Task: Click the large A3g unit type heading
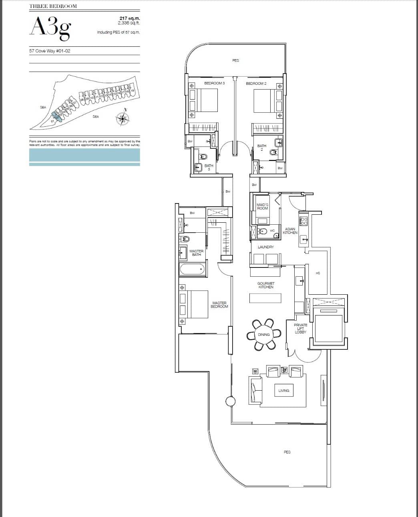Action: click(x=50, y=27)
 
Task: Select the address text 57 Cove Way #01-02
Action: click(x=50, y=51)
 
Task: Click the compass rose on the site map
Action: click(x=123, y=118)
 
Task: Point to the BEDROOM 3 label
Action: click(x=215, y=83)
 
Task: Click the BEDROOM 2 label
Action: click(x=256, y=83)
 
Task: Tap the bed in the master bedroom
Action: click(x=197, y=304)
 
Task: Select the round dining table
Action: click(x=264, y=334)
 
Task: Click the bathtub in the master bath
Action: click(x=192, y=269)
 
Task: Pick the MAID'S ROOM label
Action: click(x=262, y=206)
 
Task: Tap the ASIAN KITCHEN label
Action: click(x=290, y=231)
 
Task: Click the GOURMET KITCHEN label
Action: click(x=265, y=285)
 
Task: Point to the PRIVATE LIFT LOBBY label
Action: click(x=300, y=328)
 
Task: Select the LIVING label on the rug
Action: click(x=283, y=390)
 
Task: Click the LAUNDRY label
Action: click(x=265, y=247)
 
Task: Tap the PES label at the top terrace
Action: click(x=235, y=60)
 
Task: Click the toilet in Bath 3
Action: click(x=203, y=156)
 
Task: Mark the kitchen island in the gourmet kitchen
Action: click(x=265, y=298)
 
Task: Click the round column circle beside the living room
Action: click(x=230, y=401)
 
